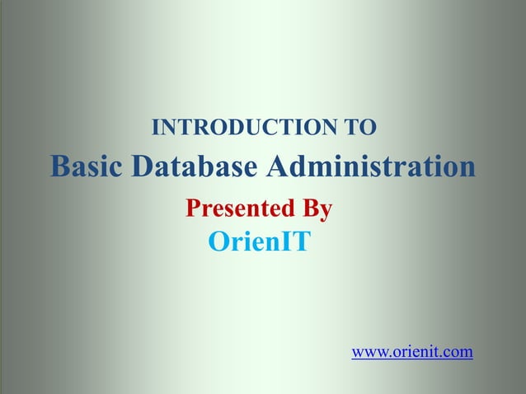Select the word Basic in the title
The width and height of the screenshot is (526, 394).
click(87, 167)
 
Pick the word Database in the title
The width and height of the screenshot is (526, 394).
click(195, 167)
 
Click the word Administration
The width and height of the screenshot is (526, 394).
click(371, 167)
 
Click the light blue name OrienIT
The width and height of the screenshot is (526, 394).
click(259, 242)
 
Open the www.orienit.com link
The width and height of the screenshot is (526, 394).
click(412, 353)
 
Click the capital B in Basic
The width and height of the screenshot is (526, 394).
click(59, 167)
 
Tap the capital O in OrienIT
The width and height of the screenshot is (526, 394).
click(218, 242)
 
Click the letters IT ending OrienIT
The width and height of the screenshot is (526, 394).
click(296, 242)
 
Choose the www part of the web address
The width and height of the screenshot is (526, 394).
click(366, 353)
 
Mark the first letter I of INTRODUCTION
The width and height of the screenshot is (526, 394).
click(157, 128)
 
